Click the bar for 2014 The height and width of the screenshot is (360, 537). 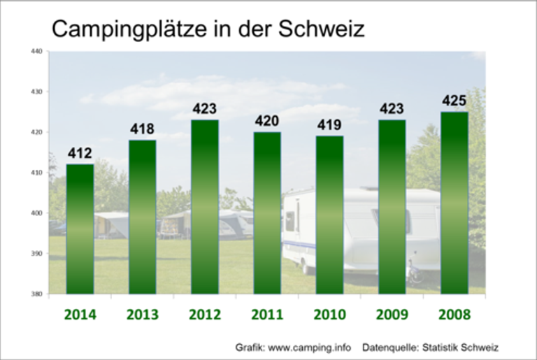[80, 229]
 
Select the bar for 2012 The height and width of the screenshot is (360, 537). [205, 207]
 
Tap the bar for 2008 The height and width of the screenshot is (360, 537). [454, 203]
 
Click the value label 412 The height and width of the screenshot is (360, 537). [80, 154]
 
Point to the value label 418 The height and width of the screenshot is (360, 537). [142, 129]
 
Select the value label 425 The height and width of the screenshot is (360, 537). [454, 101]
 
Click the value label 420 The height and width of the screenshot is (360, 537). [267, 122]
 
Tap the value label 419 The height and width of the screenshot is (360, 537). [329, 126]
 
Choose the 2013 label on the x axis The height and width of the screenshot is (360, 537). [142, 314]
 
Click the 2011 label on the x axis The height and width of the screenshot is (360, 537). [267, 314]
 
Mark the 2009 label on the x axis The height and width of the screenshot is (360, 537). [392, 314]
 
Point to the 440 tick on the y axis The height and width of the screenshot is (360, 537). [37, 51]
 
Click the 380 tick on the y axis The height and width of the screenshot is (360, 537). [37, 294]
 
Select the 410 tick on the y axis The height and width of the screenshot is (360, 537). [37, 173]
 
